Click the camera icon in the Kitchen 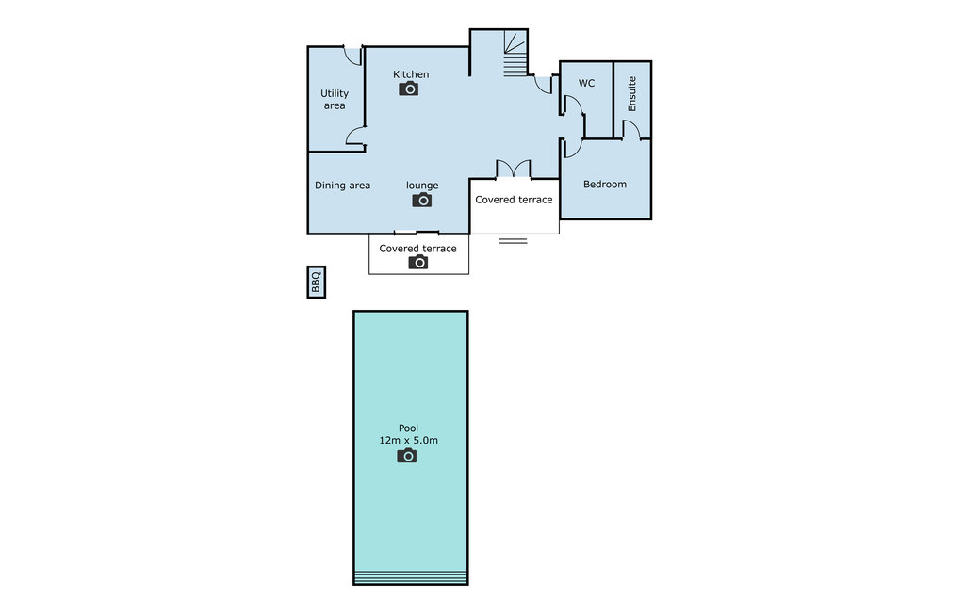408,89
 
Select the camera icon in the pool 406,456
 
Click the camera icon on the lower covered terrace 418,263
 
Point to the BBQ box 317,282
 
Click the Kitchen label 411,74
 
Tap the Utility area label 335,99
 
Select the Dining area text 342,186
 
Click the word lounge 422,186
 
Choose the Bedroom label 604,185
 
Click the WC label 586,84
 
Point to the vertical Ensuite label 632,94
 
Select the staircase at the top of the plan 515,54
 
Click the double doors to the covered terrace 514,170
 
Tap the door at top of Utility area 353,56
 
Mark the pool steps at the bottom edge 411,577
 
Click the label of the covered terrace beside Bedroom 514,200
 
